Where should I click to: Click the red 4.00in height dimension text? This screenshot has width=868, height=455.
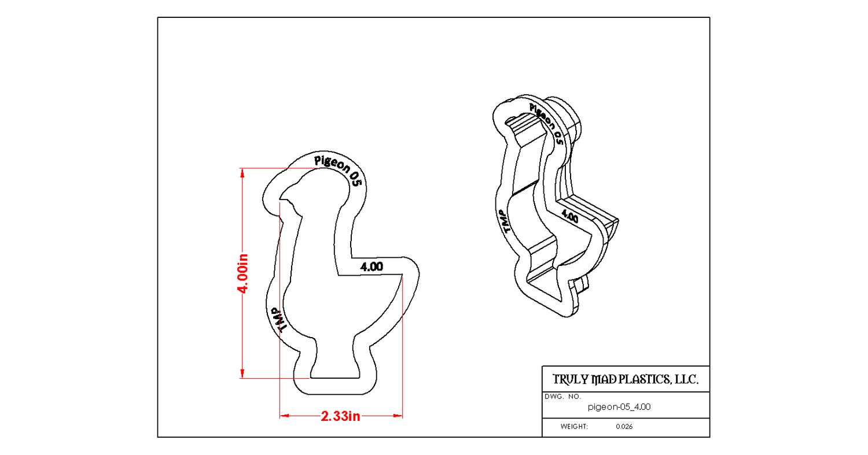(x=242, y=274)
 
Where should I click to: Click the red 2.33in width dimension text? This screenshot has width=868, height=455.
(x=340, y=416)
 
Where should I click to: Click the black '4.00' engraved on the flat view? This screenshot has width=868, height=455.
(x=372, y=267)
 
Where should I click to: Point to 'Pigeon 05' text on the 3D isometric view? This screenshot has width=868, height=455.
(x=546, y=124)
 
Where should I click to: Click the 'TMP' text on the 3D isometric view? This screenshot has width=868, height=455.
(x=505, y=221)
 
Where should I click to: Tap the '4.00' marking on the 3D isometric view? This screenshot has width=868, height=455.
(x=569, y=216)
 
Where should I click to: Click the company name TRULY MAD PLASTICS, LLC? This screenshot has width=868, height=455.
(x=626, y=379)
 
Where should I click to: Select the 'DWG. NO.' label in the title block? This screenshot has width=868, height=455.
(x=562, y=397)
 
